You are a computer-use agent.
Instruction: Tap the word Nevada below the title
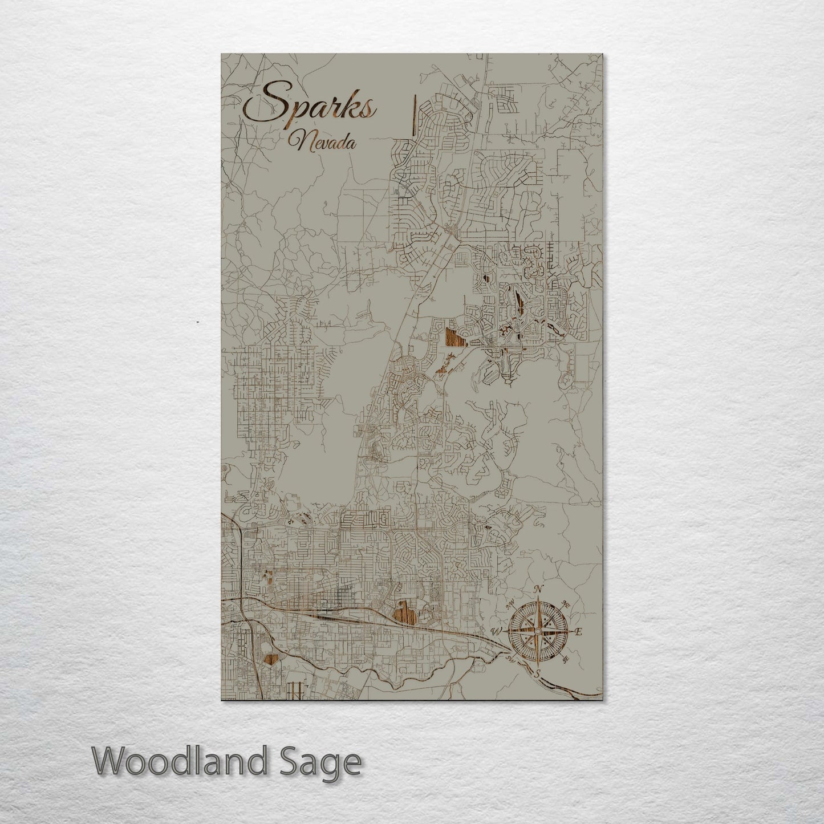coord(322,143)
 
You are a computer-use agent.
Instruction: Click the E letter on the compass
coord(578,632)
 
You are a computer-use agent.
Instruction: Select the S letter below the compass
coord(537,673)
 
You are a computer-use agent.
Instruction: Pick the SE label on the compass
coord(566,660)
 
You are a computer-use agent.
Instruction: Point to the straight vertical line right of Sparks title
coord(413,117)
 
